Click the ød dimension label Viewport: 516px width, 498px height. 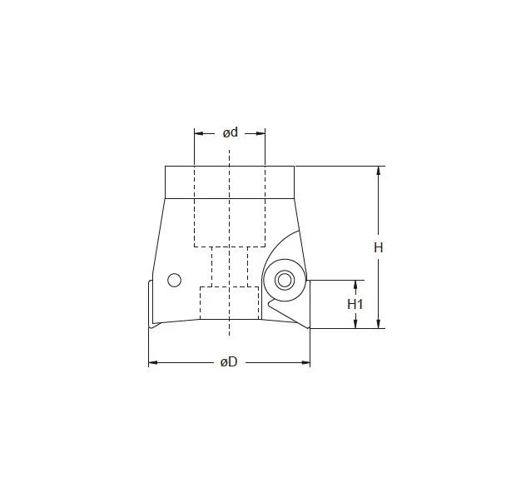230,132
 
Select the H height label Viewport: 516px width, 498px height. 378,247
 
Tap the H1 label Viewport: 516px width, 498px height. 355,304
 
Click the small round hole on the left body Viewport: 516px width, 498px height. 174,280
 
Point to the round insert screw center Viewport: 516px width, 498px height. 285,279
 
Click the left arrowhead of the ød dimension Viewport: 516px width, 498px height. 198,132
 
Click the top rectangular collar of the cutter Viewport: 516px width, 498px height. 230,182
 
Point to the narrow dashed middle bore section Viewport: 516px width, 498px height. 230,266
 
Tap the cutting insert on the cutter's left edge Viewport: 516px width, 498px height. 151,304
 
